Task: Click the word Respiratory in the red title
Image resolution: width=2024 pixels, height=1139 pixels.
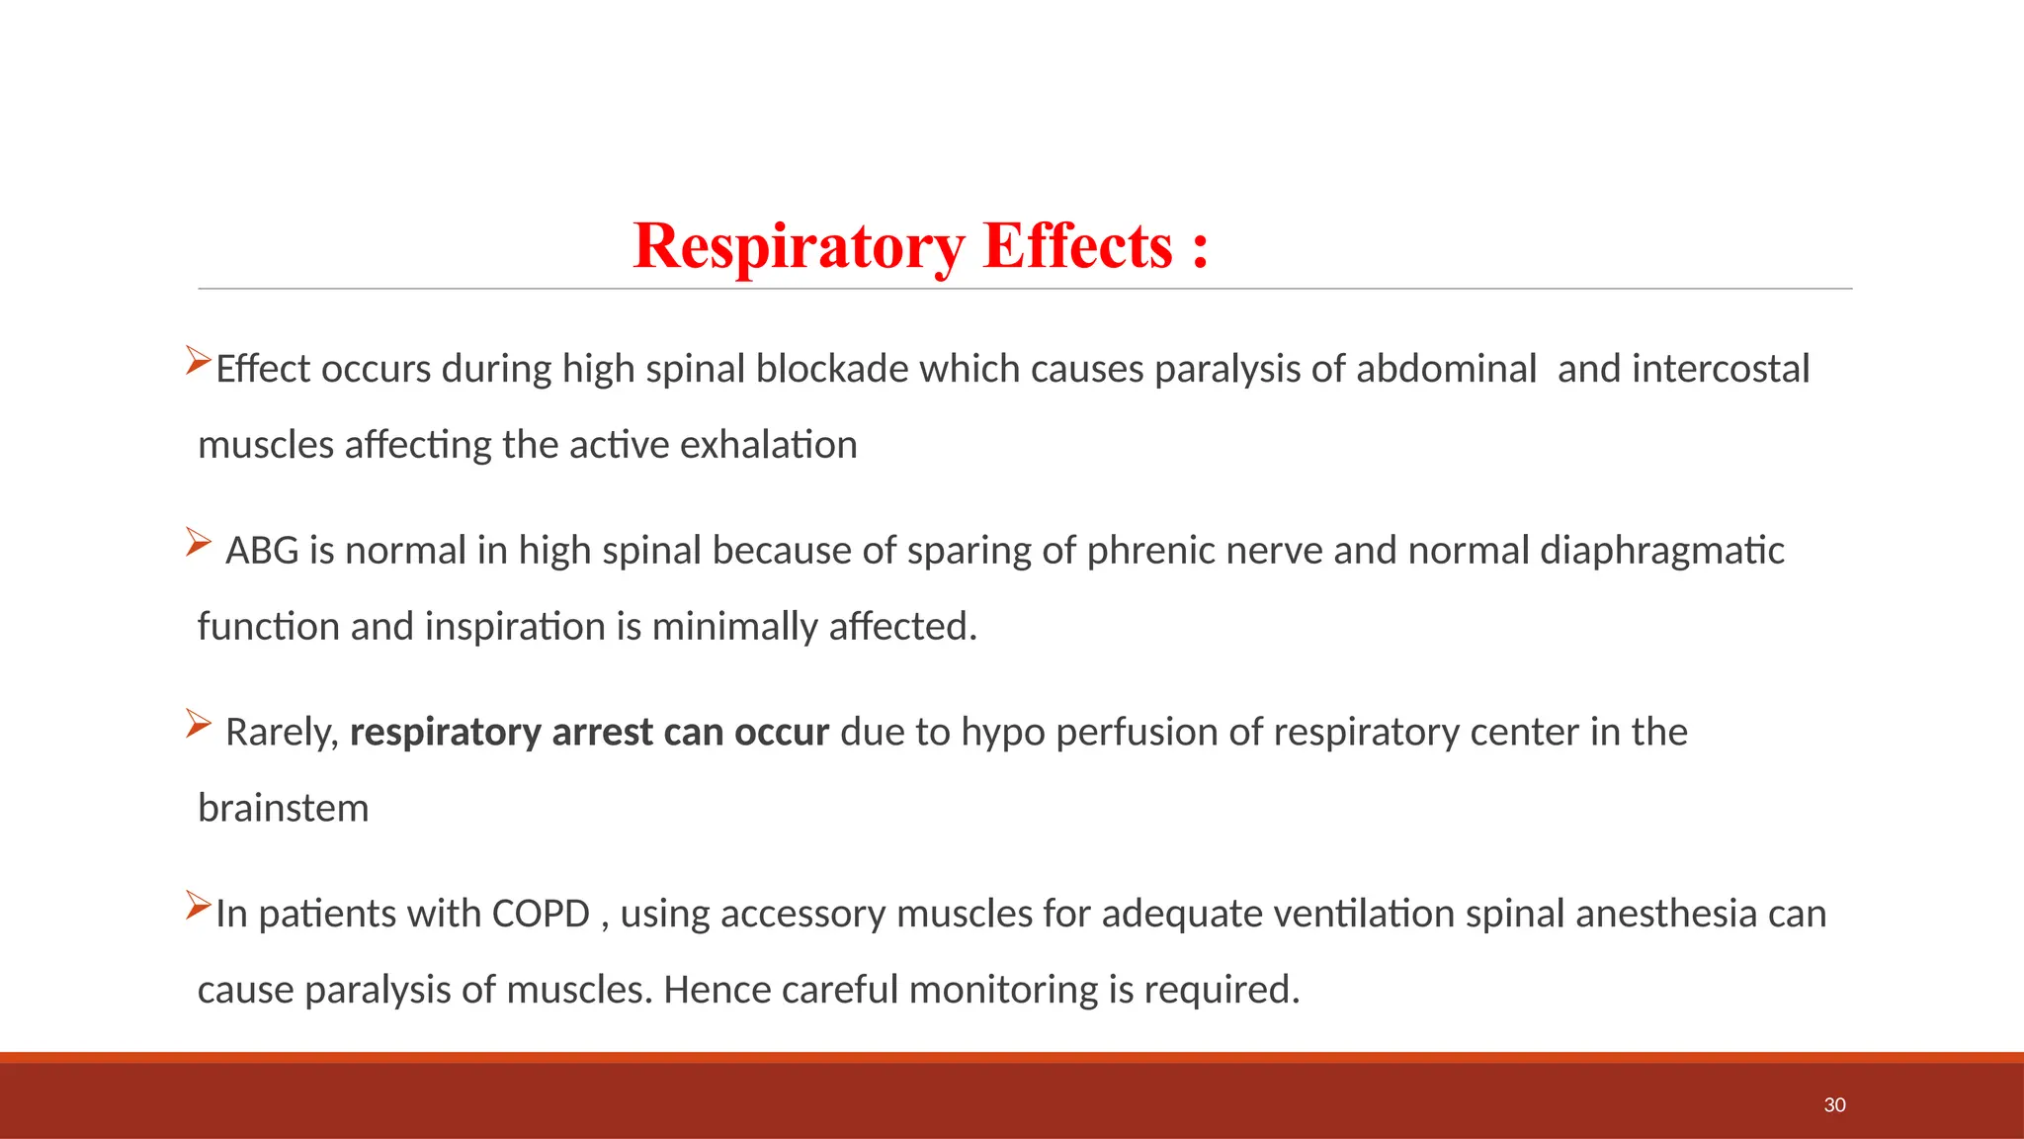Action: [799, 246]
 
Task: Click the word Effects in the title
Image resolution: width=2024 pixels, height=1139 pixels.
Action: [1077, 246]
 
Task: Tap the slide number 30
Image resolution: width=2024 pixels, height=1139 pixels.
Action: [1834, 1105]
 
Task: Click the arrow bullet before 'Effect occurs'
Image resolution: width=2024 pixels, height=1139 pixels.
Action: [198, 361]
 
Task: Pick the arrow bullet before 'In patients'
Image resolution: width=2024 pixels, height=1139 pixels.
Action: [198, 905]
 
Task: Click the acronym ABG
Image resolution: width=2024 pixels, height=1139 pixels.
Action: [262, 551]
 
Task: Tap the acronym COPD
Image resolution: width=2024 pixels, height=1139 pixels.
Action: [541, 914]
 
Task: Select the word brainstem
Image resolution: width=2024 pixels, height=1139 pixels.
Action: [283, 809]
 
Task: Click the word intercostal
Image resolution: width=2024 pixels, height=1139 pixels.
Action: [1721, 369]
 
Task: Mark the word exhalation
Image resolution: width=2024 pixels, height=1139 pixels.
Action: [768, 445]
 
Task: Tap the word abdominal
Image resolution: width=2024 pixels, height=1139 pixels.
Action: [1446, 369]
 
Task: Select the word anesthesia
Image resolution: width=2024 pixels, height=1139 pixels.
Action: [1666, 914]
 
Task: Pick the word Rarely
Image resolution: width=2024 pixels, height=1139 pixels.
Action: [282, 733]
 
